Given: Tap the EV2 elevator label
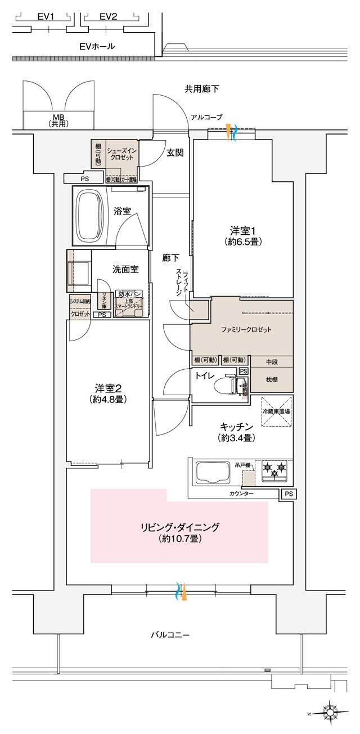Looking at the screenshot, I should pyautogui.click(x=108, y=16).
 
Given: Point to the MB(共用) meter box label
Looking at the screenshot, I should pyautogui.click(x=58, y=120).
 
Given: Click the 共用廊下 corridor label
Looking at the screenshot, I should pyautogui.click(x=202, y=88).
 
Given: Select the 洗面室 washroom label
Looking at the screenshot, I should pyautogui.click(x=125, y=270).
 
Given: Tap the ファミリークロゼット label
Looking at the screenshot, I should pyautogui.click(x=242, y=330).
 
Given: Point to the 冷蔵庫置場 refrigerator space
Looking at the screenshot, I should pyautogui.click(x=276, y=411).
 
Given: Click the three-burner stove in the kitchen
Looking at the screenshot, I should pyautogui.click(x=273, y=470).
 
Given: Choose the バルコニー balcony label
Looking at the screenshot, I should pyautogui.click(x=170, y=635).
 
